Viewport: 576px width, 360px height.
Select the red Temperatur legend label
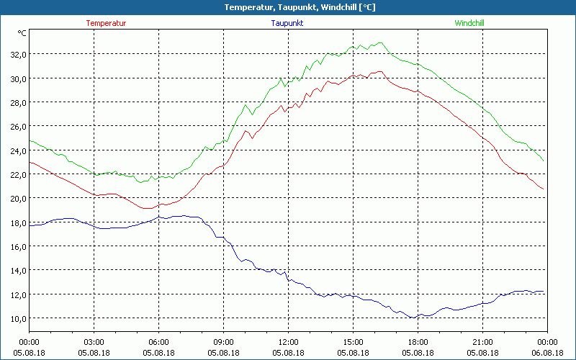[106, 23]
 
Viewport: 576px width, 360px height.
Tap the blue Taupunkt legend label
[287, 23]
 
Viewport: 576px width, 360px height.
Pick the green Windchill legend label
[469, 23]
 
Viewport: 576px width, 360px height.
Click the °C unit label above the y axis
[22, 33]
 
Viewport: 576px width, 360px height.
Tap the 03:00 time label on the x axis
[94, 342]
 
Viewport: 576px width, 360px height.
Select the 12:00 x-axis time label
[289, 342]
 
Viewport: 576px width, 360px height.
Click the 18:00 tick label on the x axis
[418, 342]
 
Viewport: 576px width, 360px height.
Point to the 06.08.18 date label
[547, 353]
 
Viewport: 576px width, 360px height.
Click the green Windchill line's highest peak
[380, 42]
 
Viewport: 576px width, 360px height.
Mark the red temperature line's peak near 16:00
[380, 71]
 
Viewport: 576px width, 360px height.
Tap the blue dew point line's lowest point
[413, 318]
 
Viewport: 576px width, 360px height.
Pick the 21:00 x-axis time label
[483, 342]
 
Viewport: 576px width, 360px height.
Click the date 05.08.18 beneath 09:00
[224, 353]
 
